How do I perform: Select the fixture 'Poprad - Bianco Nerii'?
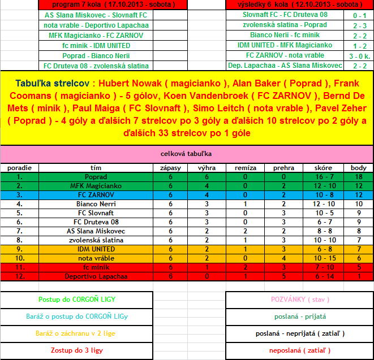coord(96,55)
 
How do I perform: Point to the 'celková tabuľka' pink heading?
coord(186,153)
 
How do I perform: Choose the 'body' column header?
coord(359,168)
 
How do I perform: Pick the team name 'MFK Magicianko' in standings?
coord(96,185)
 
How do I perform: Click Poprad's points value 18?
coord(359,177)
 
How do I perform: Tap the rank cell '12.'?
coord(19,276)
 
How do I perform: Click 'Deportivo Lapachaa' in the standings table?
coord(96,276)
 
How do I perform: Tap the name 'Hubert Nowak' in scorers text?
coord(131,82)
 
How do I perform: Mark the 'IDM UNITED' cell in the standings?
coord(96,249)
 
